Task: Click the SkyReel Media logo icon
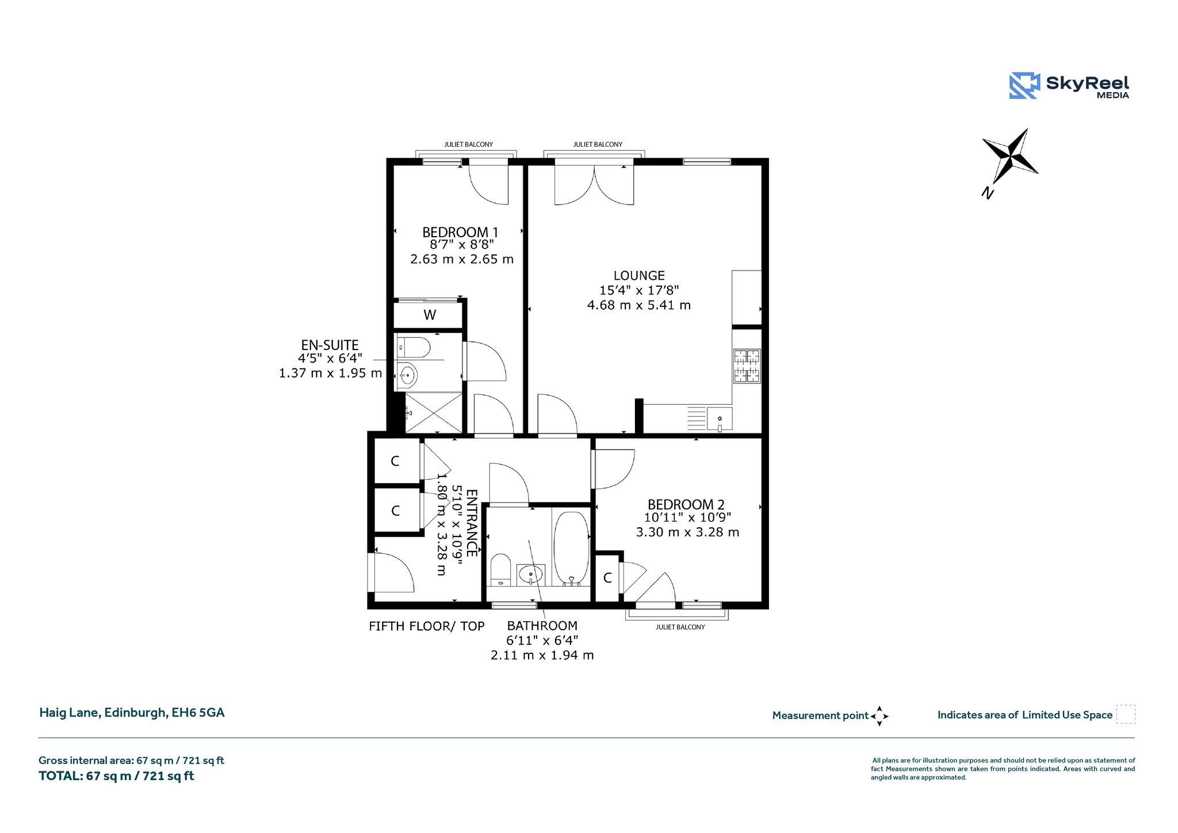click(x=1024, y=86)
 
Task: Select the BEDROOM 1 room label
click(x=460, y=232)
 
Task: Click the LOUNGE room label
click(x=639, y=276)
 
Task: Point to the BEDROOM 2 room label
click(x=686, y=505)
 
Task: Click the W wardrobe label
click(x=430, y=315)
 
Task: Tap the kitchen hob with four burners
click(x=747, y=366)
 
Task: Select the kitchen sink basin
click(x=720, y=419)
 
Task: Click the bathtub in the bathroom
click(x=571, y=547)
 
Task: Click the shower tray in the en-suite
click(x=434, y=413)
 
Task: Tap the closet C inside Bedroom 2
click(x=607, y=577)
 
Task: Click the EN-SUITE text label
click(x=330, y=345)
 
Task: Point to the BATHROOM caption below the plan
click(x=542, y=626)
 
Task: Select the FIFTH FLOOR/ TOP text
click(x=427, y=626)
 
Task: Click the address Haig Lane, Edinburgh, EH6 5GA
click(x=132, y=713)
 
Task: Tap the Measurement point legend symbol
click(x=879, y=716)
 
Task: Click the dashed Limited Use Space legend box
click(x=1126, y=714)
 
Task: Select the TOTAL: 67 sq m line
click(x=116, y=776)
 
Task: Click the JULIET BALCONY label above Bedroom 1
click(x=468, y=144)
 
